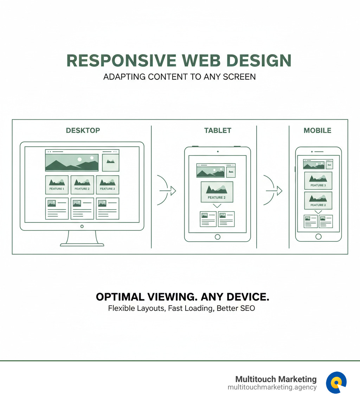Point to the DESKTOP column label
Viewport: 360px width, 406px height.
(x=83, y=131)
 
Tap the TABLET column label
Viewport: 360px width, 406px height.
(x=218, y=131)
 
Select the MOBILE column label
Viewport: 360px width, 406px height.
(x=317, y=131)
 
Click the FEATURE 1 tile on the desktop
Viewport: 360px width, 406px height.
(x=57, y=185)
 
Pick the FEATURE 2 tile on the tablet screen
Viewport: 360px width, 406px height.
(x=217, y=192)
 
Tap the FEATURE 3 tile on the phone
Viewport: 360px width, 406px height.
(x=318, y=180)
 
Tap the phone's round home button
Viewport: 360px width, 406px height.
(x=319, y=236)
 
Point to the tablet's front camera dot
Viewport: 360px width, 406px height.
(x=218, y=152)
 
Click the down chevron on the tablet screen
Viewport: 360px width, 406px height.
(x=217, y=206)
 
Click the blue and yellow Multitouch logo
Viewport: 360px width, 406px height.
(x=336, y=382)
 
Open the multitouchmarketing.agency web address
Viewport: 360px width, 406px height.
(x=272, y=387)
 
